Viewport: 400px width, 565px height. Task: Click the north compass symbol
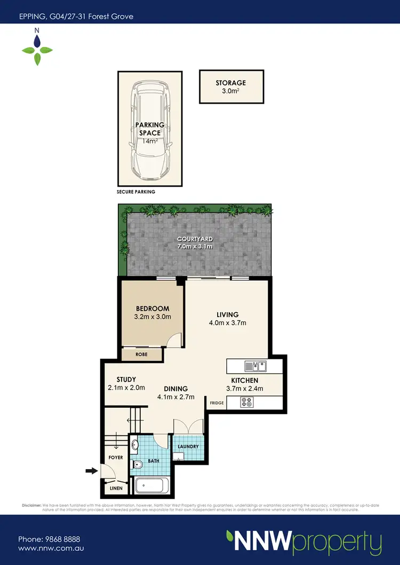coord(37,47)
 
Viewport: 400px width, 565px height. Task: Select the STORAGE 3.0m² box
coord(231,87)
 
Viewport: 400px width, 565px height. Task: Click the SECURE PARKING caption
coord(136,192)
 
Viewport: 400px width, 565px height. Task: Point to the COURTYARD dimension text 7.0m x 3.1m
coord(195,247)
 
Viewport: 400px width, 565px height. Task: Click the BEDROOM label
coord(153,309)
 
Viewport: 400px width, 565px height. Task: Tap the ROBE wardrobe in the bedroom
coord(142,354)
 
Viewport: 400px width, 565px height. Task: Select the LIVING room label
coord(227,314)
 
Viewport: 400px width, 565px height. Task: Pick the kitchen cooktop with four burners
coord(247,402)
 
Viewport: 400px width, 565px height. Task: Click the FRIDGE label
coord(216,403)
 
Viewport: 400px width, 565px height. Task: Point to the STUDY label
coord(126,380)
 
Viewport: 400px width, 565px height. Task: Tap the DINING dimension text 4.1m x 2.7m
coord(175,397)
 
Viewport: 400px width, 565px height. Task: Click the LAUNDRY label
coord(188,447)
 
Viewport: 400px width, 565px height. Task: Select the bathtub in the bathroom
coord(151,486)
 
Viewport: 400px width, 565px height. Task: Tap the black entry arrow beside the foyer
coord(92,471)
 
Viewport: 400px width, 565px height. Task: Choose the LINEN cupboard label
coord(116,488)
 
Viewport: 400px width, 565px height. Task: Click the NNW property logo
coord(303,542)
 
